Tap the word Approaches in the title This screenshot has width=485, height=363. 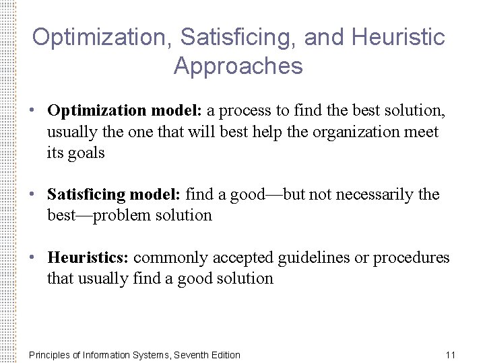[238, 66]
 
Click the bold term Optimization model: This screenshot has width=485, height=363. [125, 110]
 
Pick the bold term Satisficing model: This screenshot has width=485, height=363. [114, 195]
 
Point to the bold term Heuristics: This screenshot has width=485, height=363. [88, 257]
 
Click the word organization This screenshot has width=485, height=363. [358, 132]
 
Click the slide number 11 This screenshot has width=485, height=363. [451, 355]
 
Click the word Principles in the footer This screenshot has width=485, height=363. [50, 355]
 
